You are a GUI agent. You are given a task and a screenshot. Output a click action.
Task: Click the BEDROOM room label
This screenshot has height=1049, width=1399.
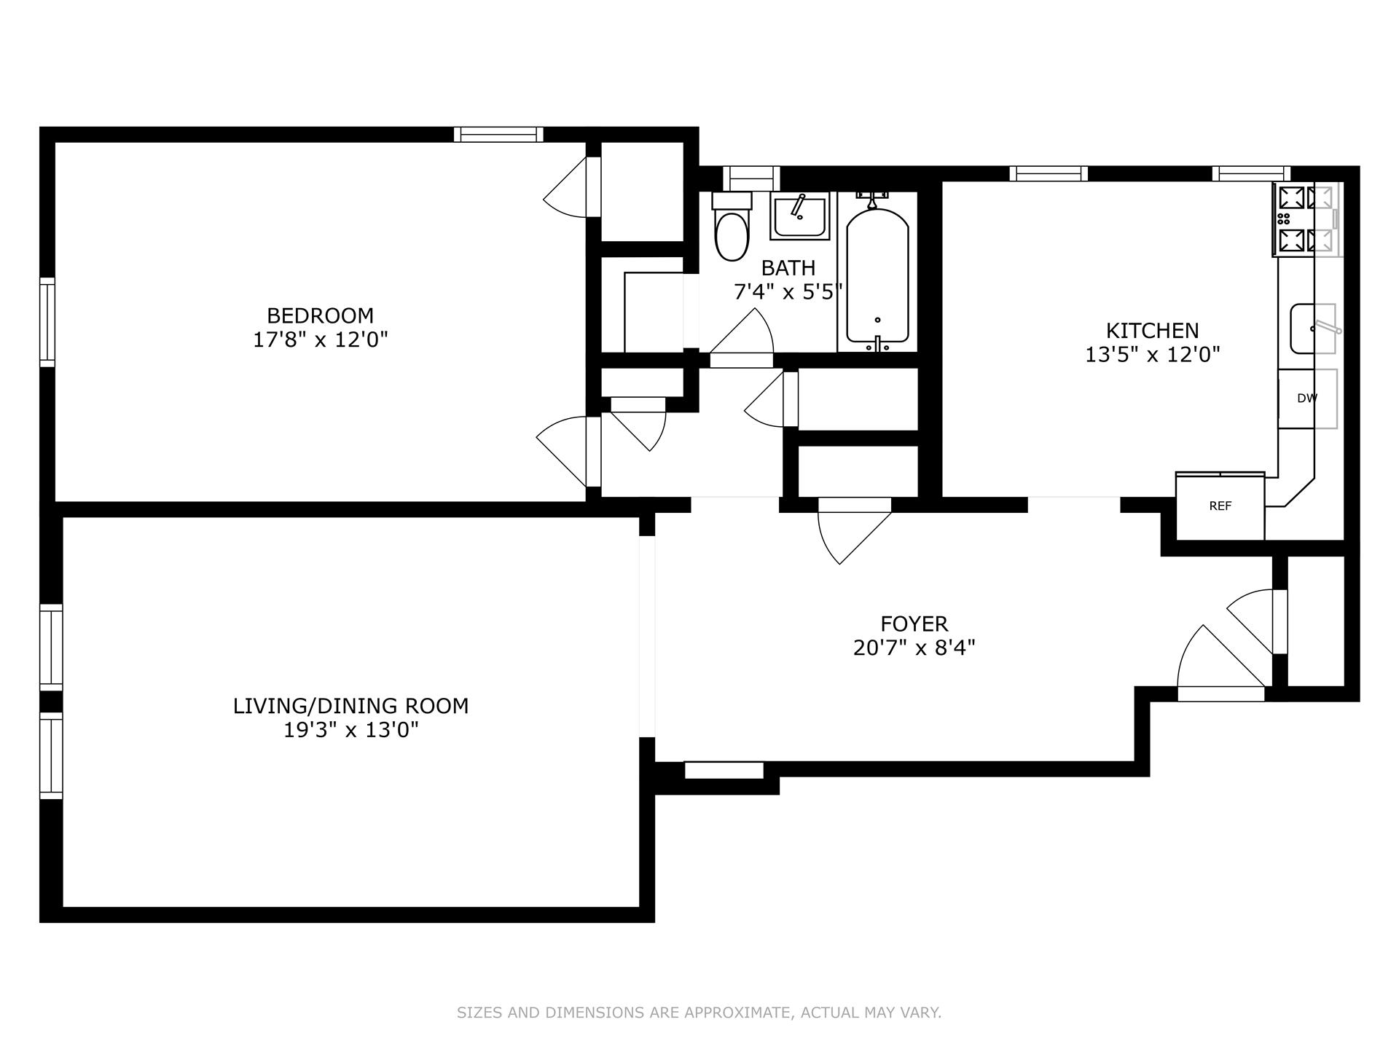tap(320, 315)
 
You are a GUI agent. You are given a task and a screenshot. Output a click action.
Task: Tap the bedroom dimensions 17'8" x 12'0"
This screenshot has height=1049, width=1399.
tap(320, 339)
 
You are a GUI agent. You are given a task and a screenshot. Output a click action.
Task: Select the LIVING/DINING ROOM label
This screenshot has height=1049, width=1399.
tap(350, 706)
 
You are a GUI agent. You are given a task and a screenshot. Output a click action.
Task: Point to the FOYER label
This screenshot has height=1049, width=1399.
tap(914, 624)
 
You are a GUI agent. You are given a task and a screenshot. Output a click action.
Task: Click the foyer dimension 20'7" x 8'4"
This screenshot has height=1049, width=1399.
tap(914, 648)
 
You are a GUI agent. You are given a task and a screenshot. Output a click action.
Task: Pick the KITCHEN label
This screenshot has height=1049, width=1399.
tap(1152, 331)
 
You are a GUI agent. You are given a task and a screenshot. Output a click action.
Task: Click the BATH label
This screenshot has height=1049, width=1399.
tap(788, 268)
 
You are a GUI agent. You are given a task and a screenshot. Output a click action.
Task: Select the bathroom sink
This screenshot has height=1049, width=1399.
tap(799, 216)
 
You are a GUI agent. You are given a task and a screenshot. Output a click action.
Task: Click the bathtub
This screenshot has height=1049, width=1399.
tap(877, 277)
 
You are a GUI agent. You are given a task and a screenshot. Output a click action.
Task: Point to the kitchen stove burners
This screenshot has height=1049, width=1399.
tap(1305, 219)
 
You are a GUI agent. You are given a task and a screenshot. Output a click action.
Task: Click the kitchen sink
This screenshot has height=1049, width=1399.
tap(1312, 329)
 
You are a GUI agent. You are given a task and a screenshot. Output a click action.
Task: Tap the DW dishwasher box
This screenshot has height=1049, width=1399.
tap(1307, 398)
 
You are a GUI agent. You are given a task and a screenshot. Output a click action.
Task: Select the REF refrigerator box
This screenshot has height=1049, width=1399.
tap(1220, 506)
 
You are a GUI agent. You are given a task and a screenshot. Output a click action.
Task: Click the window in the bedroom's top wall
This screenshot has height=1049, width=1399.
tap(498, 134)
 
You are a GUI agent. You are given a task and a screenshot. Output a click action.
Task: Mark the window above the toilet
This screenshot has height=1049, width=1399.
tap(751, 178)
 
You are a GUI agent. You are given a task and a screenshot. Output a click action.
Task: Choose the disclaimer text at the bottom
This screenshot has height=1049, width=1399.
tap(699, 1013)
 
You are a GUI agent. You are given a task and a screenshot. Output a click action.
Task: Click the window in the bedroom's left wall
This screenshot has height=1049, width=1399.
tap(47, 321)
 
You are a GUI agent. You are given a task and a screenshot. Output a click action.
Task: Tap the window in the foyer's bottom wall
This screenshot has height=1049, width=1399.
tap(724, 770)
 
